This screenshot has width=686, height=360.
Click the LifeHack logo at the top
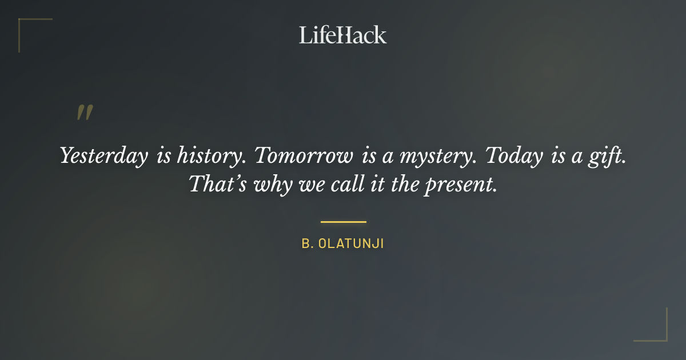pyautogui.click(x=342, y=35)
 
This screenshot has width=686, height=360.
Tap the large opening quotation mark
pyautogui.click(x=85, y=113)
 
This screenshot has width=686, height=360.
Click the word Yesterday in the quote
pyautogui.click(x=103, y=156)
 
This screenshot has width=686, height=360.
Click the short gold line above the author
pyautogui.click(x=343, y=222)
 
